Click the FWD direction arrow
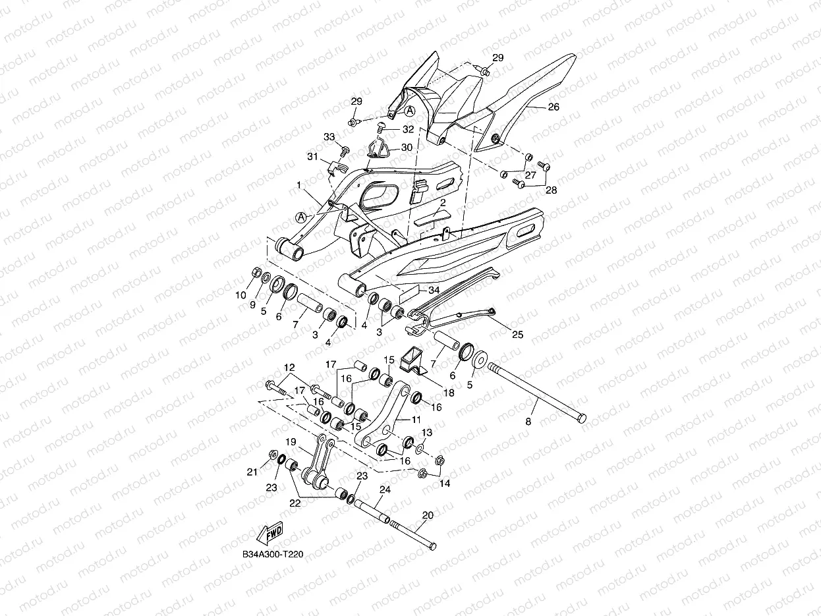point(269,532)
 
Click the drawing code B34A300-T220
point(272,555)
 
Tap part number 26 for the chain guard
point(553,107)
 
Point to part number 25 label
point(517,335)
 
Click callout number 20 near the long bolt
point(428,515)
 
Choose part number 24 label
point(385,490)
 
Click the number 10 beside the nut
point(241,294)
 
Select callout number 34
point(433,290)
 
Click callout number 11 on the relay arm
point(416,419)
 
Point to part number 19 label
point(291,442)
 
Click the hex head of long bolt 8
point(580,418)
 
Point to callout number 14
point(445,484)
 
